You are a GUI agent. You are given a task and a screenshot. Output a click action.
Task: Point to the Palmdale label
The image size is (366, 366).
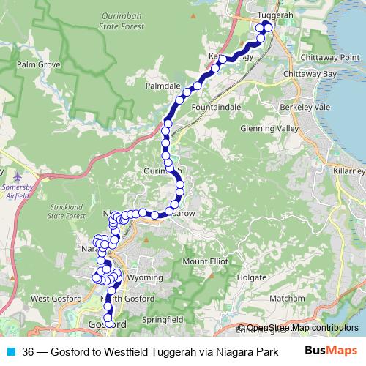pyautogui.click(x=163, y=86)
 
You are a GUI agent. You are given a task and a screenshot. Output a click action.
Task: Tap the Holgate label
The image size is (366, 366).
pyautogui.click(x=252, y=278)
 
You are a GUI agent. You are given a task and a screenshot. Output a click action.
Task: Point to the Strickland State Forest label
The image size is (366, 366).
pyautogui.click(x=67, y=212)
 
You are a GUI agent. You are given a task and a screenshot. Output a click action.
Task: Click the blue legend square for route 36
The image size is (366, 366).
pyautogui.click(x=10, y=351)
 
